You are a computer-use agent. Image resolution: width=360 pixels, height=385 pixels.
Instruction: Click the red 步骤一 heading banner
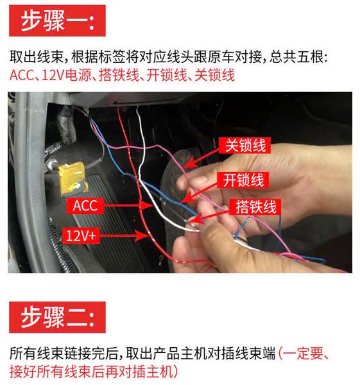point(57,21)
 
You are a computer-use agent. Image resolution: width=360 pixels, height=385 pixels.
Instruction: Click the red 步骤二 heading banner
point(57,317)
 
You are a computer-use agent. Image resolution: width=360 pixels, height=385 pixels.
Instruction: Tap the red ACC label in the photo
point(85,206)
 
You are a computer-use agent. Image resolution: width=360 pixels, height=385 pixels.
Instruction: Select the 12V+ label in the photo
point(81,235)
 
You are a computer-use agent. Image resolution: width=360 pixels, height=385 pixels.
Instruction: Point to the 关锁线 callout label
point(245,146)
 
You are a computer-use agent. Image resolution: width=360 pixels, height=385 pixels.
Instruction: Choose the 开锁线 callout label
point(243,180)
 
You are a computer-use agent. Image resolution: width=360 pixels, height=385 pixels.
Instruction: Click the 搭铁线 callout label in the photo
point(255,207)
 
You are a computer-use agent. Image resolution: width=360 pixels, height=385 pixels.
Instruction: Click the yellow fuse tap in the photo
point(73,178)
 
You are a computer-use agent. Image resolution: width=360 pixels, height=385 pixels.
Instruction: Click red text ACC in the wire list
point(21,75)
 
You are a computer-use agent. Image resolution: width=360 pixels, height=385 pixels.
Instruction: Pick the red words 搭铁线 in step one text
point(119,75)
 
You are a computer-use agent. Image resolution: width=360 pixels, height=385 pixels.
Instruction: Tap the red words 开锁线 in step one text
point(167,75)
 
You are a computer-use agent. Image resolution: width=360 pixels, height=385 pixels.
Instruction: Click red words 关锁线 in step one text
point(214,75)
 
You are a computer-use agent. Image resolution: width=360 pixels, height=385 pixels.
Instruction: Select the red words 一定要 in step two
point(302,354)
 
